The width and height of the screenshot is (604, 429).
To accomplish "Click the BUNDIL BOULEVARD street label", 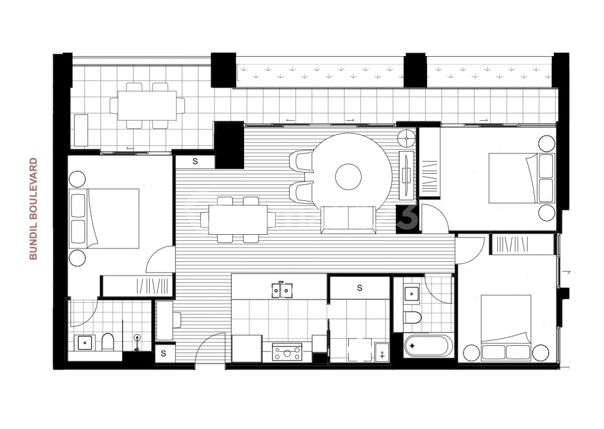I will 34,209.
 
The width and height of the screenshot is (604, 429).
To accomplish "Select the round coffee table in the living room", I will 348,177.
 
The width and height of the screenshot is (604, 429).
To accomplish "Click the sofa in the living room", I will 348,220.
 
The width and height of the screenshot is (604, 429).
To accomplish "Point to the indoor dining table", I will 237,219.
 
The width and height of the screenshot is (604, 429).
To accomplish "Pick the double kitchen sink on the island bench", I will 283,289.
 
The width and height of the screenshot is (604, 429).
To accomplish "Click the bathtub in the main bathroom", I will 430,346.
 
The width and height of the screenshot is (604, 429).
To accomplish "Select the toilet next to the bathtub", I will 412,317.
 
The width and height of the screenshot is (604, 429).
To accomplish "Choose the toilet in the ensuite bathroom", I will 108,341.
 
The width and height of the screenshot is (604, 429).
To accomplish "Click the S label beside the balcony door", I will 195,161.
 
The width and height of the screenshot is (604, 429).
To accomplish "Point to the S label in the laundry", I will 359,288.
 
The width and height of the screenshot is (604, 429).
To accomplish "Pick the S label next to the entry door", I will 164,354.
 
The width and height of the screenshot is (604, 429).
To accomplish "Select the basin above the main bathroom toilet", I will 412,294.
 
